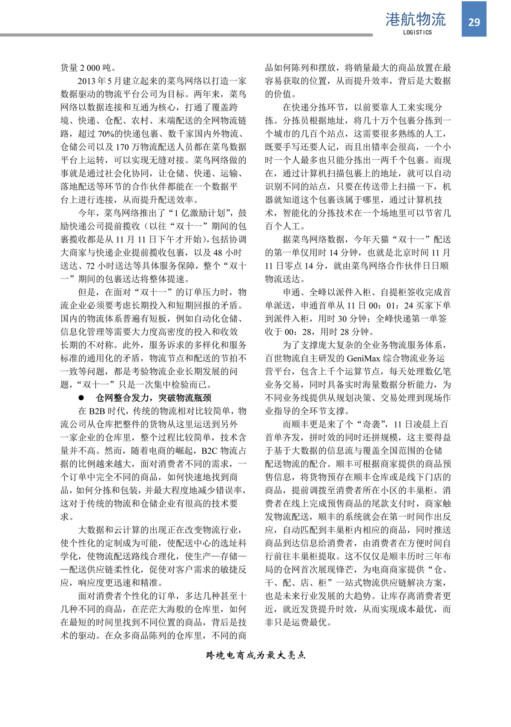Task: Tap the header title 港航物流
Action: (415, 19)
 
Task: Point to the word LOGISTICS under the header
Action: (417, 32)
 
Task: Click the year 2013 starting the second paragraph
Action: (86, 81)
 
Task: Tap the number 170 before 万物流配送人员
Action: (122, 147)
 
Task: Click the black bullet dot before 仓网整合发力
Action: (81, 398)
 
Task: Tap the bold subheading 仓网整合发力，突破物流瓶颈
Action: (153, 398)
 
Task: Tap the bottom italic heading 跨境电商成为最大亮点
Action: (255, 655)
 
